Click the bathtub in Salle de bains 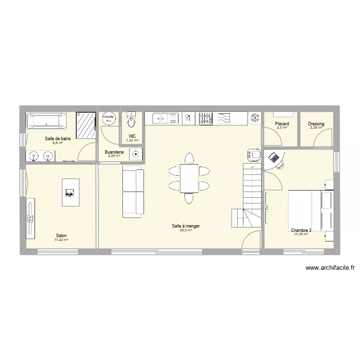coord(46,120)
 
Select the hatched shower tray coord(86,126)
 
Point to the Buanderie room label coord(114,152)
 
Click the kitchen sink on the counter coord(165,118)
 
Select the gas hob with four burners coord(205,118)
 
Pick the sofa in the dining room coord(133,192)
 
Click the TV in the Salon coord(30,218)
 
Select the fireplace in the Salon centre coord(71,192)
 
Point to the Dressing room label coord(316,124)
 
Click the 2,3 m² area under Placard coord(282,128)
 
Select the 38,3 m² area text coord(186,230)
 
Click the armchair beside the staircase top coord(253,155)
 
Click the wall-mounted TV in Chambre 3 coord(267,208)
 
